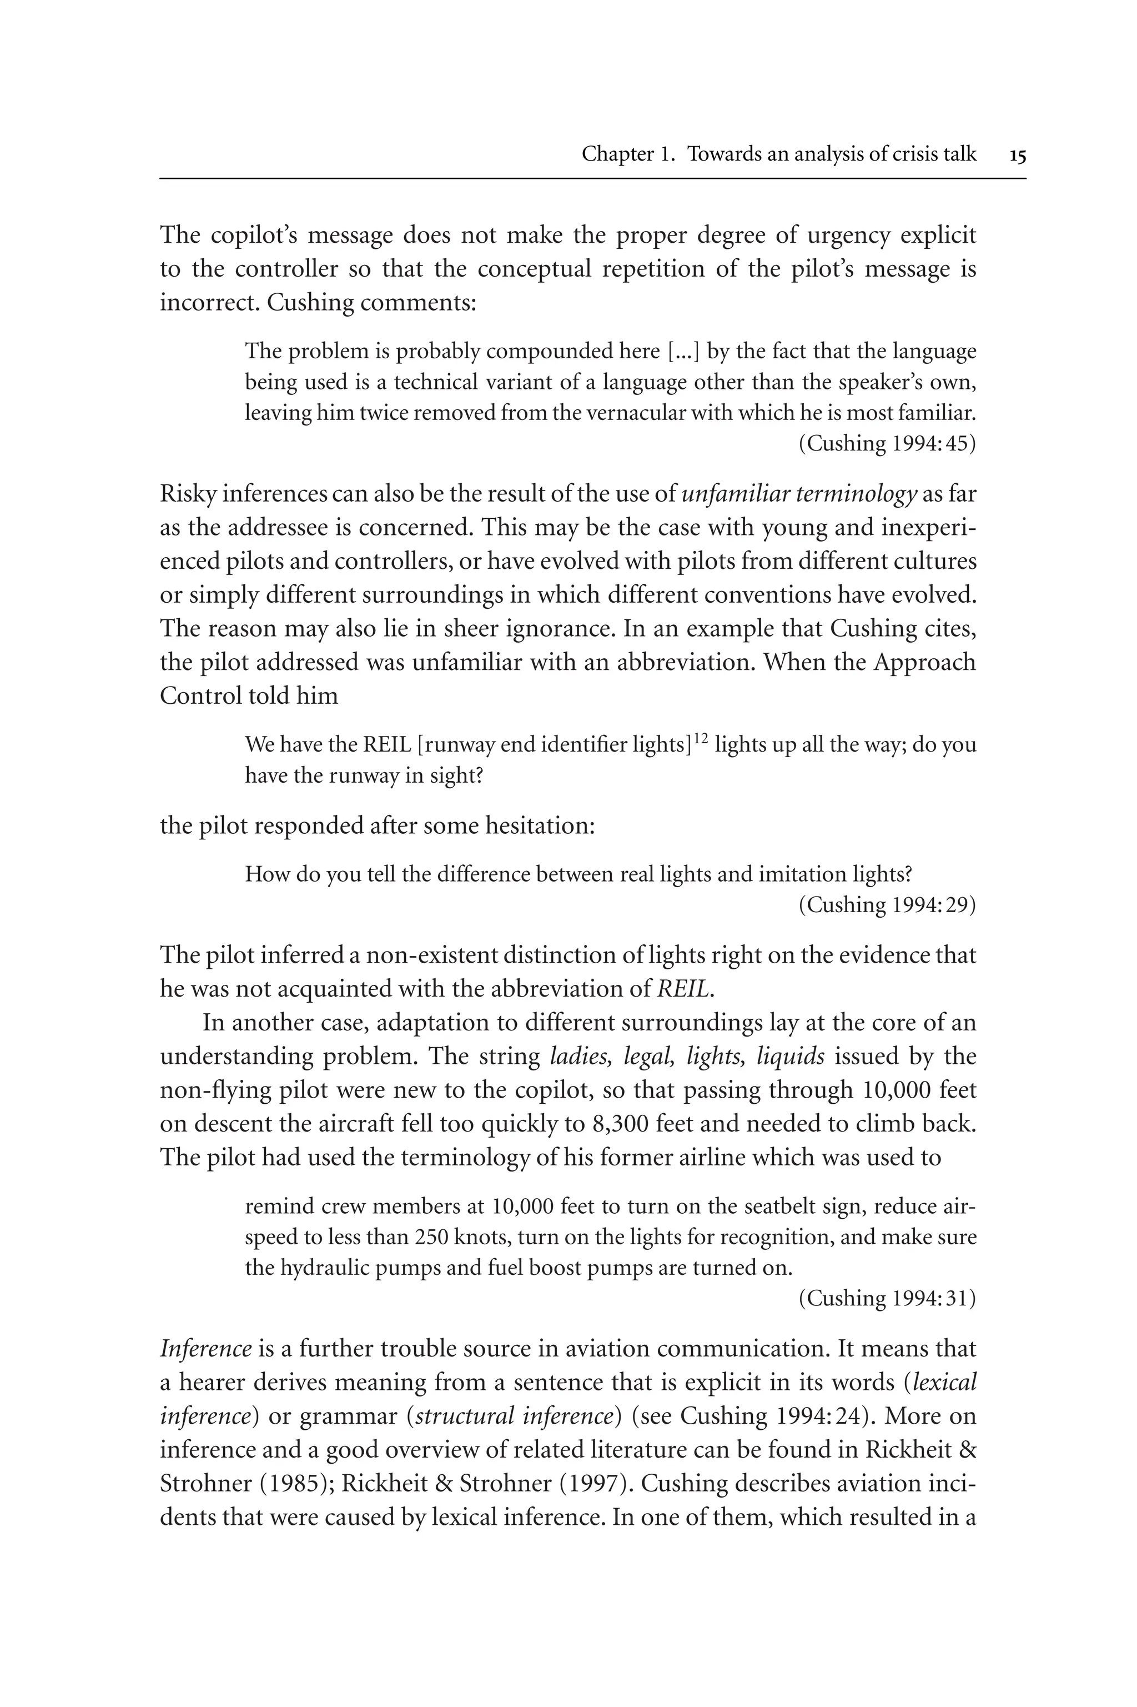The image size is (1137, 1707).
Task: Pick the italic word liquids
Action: pos(791,1057)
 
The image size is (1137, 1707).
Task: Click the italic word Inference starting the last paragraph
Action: pos(205,1349)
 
